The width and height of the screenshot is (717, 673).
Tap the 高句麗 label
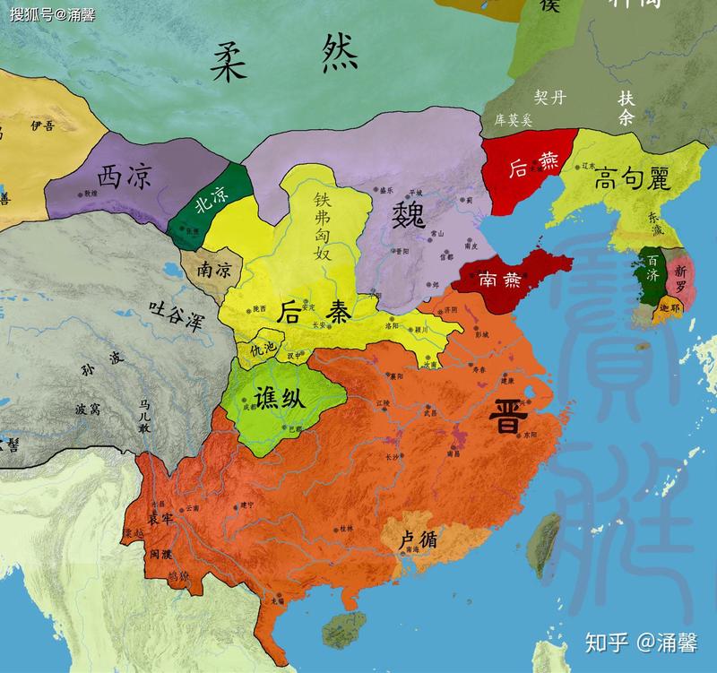coord(632,180)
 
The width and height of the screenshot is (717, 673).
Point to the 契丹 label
coord(549,97)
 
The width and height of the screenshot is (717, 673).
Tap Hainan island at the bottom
coord(339,628)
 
